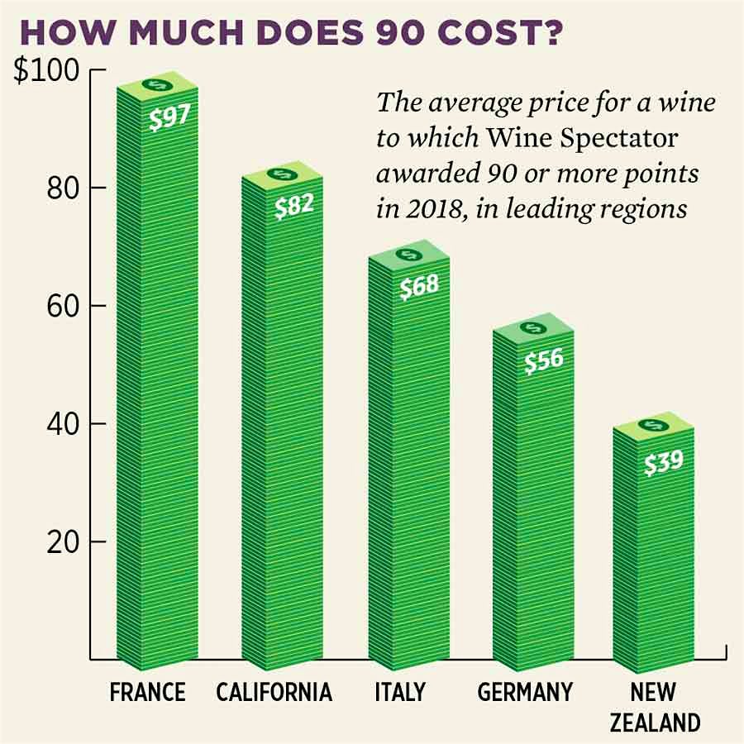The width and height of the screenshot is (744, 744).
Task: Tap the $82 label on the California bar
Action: (x=293, y=204)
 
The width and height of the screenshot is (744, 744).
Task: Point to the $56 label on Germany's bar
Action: (x=544, y=360)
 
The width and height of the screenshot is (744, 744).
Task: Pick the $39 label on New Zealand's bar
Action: (x=663, y=460)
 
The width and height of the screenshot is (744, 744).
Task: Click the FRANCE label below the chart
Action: (x=148, y=691)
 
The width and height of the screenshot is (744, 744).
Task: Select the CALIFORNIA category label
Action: (x=274, y=691)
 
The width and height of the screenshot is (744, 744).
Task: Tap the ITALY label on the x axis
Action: (x=399, y=691)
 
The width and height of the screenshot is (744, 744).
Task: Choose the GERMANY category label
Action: (x=524, y=691)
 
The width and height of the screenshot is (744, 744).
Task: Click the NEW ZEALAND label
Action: (x=654, y=707)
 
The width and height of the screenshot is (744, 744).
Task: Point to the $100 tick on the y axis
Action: (x=46, y=71)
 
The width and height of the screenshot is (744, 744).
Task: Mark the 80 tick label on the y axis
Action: (x=60, y=188)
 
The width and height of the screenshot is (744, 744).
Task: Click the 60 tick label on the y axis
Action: (x=60, y=306)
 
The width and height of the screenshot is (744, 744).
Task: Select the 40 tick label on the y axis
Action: (x=60, y=424)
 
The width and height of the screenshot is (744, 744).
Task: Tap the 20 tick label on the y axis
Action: (x=60, y=542)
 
